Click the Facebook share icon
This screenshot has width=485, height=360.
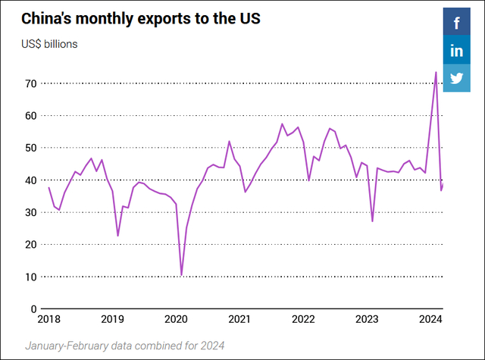(x=457, y=23)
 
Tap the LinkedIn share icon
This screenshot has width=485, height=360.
(x=457, y=51)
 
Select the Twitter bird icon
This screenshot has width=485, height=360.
(x=457, y=78)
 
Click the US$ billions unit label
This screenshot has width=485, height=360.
(x=49, y=43)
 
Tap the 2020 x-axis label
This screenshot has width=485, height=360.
(x=176, y=319)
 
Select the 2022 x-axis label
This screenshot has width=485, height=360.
(x=303, y=319)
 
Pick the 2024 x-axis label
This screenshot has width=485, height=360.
(x=430, y=319)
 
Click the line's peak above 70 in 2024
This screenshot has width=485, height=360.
(x=436, y=73)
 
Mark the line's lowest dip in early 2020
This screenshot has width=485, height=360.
(x=181, y=274)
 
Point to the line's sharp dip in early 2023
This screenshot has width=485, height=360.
(x=372, y=221)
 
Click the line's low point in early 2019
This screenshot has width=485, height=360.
(x=117, y=236)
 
